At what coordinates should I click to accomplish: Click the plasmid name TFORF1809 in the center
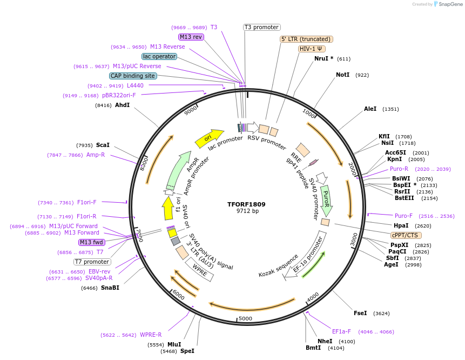(246, 204)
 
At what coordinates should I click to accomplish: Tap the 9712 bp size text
(246, 211)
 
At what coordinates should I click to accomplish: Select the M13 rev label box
(191, 37)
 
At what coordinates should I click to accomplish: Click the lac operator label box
(159, 56)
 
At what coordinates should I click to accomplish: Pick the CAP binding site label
(133, 76)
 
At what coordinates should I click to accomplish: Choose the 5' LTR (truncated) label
(306, 39)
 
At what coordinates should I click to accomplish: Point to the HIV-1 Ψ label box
(312, 49)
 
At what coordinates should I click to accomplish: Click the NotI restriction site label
(342, 75)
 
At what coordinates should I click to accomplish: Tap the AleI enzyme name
(370, 109)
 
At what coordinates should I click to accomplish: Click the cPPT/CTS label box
(406, 235)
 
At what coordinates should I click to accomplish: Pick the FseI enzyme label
(360, 313)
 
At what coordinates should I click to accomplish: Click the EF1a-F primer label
(341, 331)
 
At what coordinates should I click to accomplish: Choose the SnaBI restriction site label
(110, 288)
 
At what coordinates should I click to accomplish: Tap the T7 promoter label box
(93, 262)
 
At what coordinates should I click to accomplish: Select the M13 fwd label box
(92, 242)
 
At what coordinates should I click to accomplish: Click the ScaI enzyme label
(103, 145)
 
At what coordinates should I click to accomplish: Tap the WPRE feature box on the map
(200, 269)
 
